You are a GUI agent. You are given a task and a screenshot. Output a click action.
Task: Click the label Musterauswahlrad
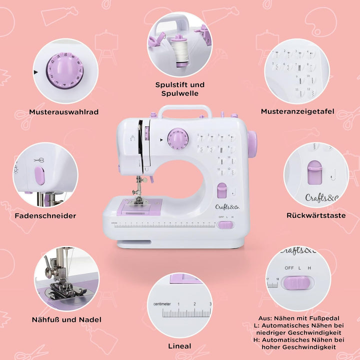tap(63, 112)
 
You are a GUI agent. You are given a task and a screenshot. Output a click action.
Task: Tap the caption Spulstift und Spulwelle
tap(180, 89)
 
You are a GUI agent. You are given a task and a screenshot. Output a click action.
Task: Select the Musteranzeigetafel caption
tap(297, 111)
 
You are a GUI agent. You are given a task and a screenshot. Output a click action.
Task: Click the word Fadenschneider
tap(45, 215)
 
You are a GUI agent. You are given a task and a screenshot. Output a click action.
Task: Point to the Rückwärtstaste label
tap(316, 215)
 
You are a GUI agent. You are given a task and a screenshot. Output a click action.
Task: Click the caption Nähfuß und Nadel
tap(66, 319)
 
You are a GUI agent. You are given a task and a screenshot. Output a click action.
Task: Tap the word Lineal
tap(179, 346)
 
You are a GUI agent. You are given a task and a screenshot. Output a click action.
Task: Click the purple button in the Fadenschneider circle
tap(39, 176)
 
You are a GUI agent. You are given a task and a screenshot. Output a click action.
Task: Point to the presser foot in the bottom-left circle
tap(60, 287)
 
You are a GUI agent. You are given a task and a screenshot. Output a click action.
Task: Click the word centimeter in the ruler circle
tap(159, 304)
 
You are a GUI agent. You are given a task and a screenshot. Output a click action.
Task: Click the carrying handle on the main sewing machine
tap(184, 109)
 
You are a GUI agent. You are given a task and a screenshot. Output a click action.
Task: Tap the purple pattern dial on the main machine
tap(177, 137)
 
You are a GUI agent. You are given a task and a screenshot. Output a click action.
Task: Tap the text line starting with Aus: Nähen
tap(299, 318)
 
